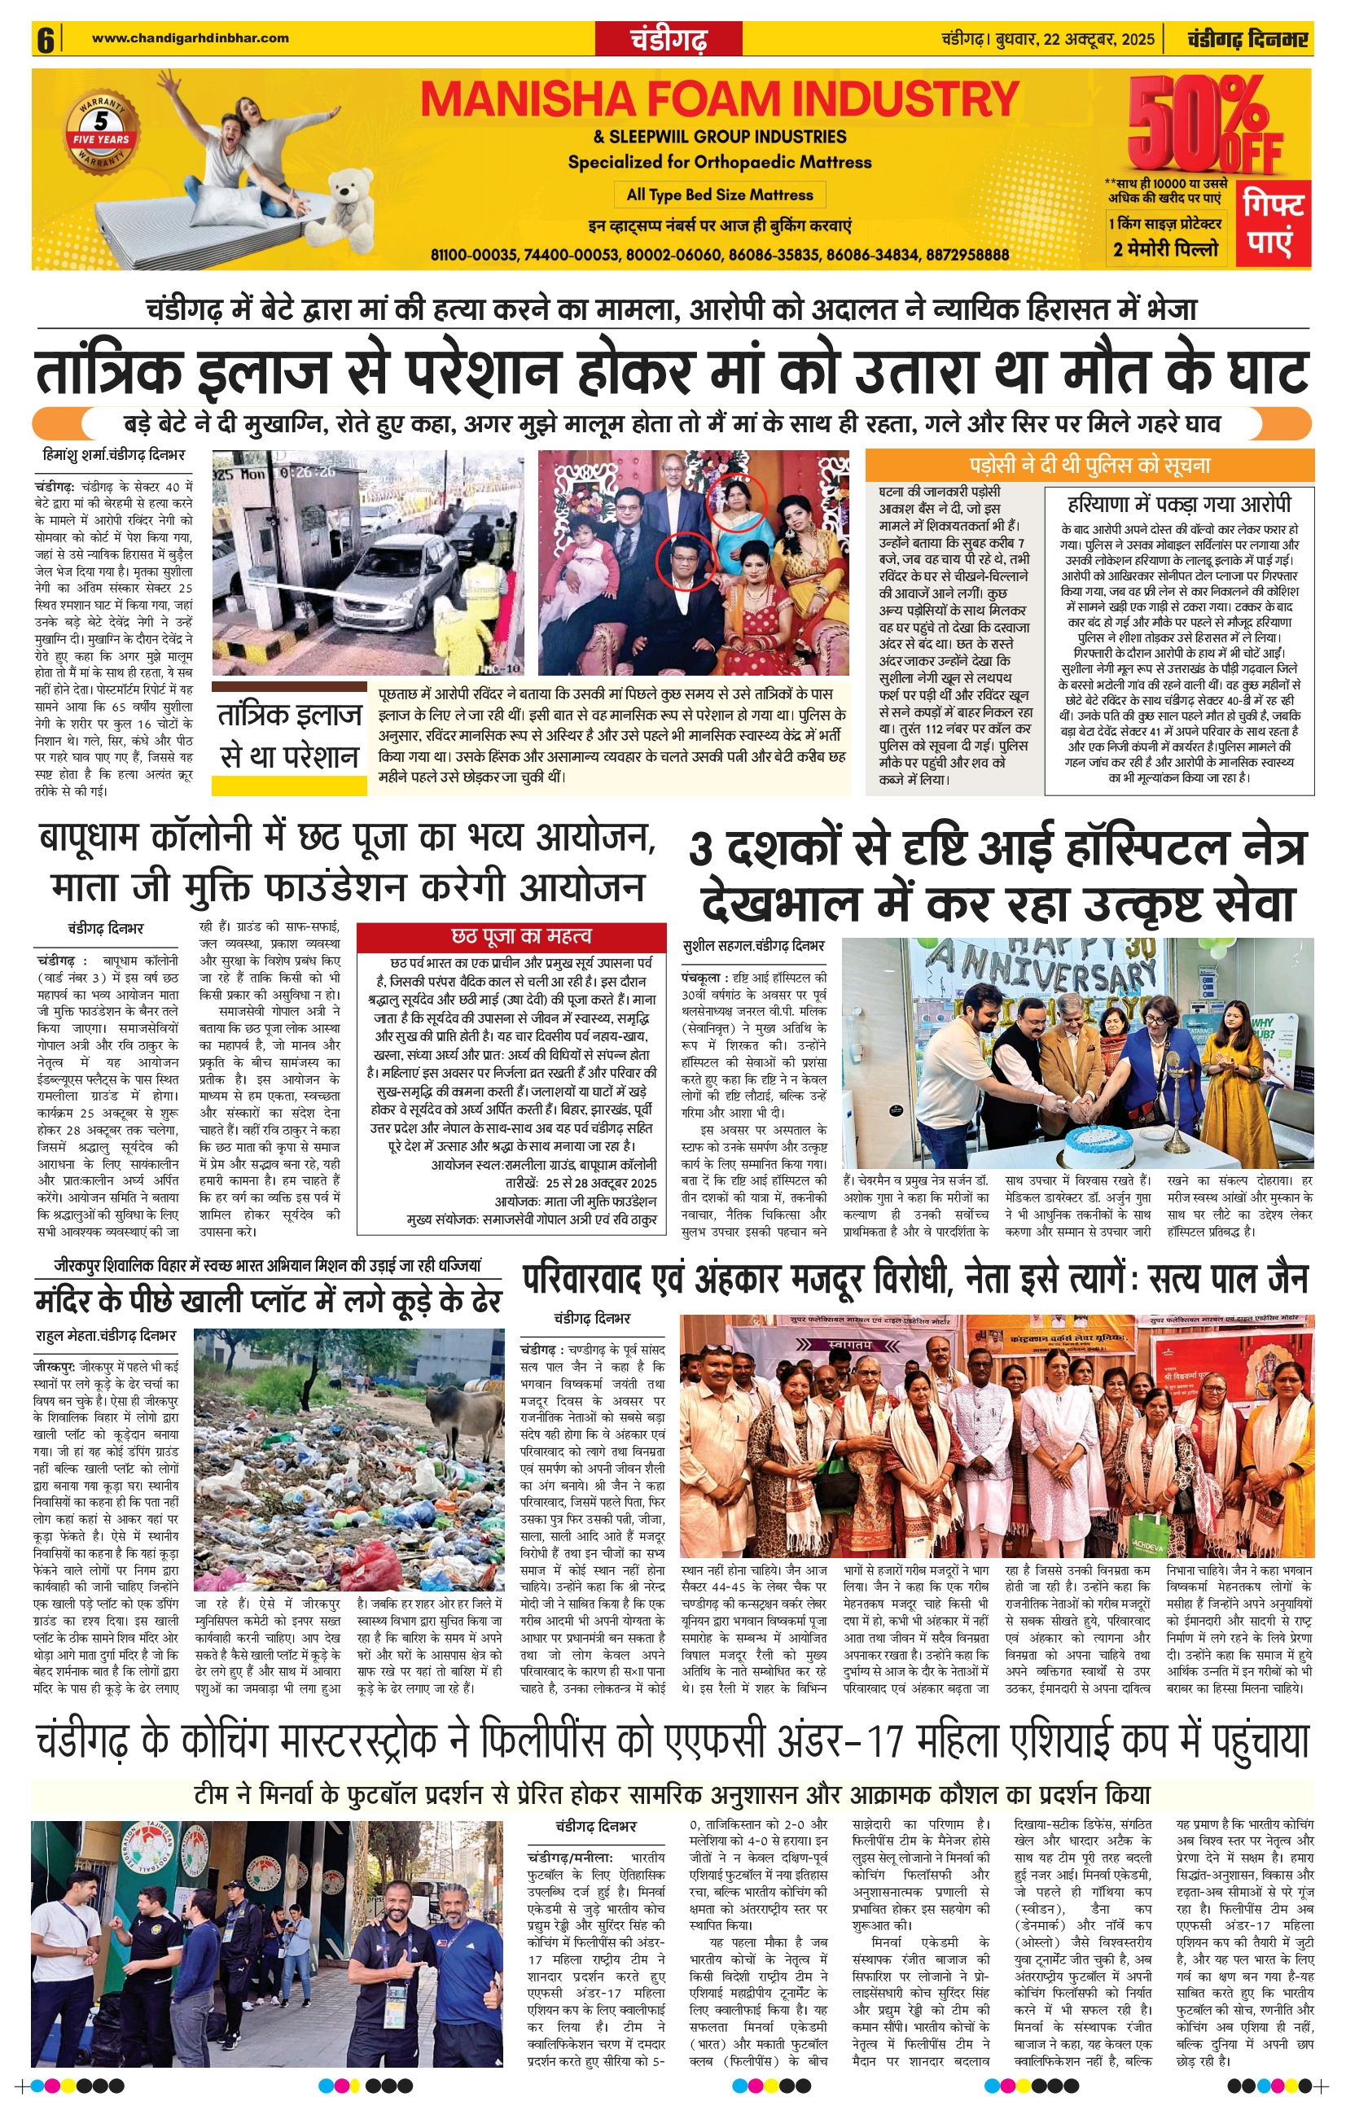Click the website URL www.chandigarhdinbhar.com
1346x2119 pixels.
(x=191, y=37)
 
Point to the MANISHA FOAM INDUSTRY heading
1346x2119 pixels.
(x=719, y=99)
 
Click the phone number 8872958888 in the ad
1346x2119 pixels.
(x=967, y=254)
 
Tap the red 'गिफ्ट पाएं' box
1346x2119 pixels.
(x=1274, y=224)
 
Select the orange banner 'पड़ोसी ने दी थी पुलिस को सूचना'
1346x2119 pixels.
(x=1089, y=466)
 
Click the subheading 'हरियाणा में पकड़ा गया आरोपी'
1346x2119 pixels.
(x=1179, y=504)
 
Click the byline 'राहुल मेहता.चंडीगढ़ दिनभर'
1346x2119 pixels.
(x=106, y=1336)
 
